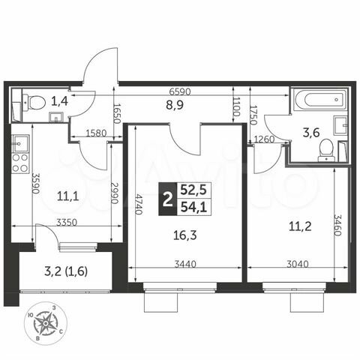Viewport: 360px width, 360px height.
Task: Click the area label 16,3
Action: (183, 234)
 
